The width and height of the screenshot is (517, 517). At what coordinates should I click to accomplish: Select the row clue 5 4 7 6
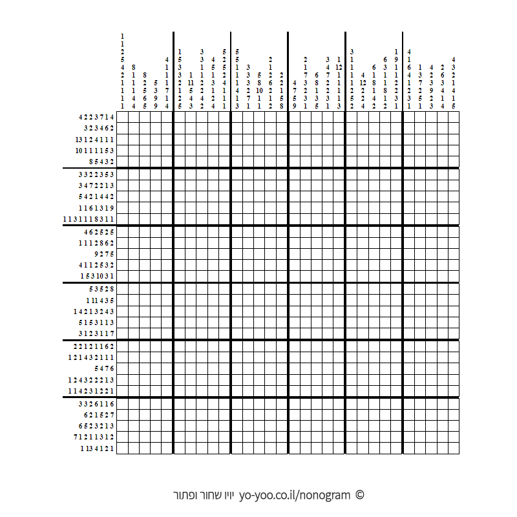[103, 368]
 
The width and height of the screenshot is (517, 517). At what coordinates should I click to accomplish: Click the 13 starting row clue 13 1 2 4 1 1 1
[77, 140]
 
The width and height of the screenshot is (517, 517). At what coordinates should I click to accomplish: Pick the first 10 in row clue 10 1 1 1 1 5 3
[78, 151]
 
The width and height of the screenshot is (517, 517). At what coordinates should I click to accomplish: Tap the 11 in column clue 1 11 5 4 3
[191, 83]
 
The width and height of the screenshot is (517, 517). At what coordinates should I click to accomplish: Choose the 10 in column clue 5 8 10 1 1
[259, 90]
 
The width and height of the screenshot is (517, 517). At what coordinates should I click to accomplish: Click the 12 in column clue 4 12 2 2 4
[363, 83]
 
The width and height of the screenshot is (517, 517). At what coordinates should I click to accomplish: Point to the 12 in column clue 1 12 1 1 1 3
[339, 67]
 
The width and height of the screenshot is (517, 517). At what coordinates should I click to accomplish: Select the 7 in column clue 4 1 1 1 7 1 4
[167, 90]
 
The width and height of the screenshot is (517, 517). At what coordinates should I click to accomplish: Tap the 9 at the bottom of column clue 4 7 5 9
[294, 106]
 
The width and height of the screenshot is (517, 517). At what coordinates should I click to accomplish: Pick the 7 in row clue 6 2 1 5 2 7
[112, 414]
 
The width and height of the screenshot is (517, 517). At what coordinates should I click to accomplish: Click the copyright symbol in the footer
[360, 496]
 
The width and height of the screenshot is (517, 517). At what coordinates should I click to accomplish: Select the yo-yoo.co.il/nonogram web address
[294, 496]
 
